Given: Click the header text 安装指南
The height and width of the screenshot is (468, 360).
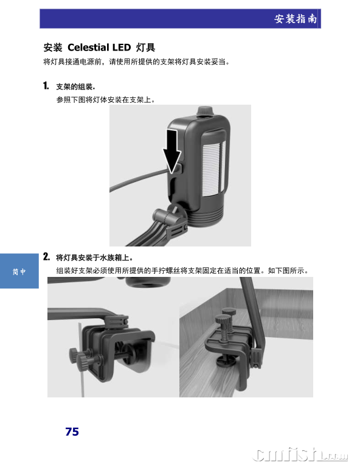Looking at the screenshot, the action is pyautogui.click(x=296, y=19).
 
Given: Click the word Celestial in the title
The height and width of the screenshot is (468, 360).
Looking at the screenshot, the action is pyautogui.click(x=88, y=47).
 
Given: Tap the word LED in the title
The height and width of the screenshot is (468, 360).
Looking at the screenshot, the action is pyautogui.click(x=122, y=47).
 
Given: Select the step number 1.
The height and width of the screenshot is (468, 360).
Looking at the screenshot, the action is pyautogui.click(x=46, y=86).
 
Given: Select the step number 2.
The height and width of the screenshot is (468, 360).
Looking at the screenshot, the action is pyautogui.click(x=46, y=257).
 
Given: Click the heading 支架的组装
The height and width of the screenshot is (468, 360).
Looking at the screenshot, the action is pyautogui.click(x=75, y=87).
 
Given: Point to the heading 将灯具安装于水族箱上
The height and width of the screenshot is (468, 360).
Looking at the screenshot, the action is pyautogui.click(x=94, y=257).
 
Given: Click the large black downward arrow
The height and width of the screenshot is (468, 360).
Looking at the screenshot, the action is pyautogui.click(x=172, y=152).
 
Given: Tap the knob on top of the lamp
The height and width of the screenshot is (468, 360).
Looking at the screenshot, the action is pyautogui.click(x=204, y=111).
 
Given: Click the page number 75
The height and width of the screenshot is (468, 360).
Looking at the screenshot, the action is pyautogui.click(x=72, y=431).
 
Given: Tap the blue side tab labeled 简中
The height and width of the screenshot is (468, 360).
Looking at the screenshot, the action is pyautogui.click(x=19, y=271).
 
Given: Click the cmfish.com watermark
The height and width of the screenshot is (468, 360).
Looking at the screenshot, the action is pyautogui.click(x=300, y=454).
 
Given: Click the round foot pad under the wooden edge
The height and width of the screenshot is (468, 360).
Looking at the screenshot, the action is pyautogui.click(x=226, y=361).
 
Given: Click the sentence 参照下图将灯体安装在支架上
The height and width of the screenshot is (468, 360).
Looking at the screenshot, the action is pyautogui.click(x=106, y=100).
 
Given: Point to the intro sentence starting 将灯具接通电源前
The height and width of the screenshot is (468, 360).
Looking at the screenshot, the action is pyautogui.click(x=137, y=62).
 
